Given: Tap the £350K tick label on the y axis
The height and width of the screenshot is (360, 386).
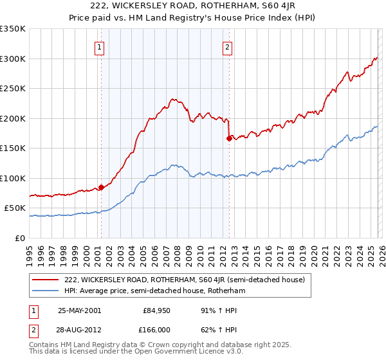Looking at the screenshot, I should pos(13,29).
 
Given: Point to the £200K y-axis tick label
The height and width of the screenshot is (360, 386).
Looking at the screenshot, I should pos(13,118).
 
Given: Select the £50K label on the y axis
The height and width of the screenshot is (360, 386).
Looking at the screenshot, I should pos(15,208).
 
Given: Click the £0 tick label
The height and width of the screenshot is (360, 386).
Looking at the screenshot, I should pos(21,238).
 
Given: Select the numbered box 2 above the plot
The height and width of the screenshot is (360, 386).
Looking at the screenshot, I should pos(228,46).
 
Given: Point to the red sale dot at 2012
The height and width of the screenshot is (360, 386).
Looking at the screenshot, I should pos(229,138).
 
